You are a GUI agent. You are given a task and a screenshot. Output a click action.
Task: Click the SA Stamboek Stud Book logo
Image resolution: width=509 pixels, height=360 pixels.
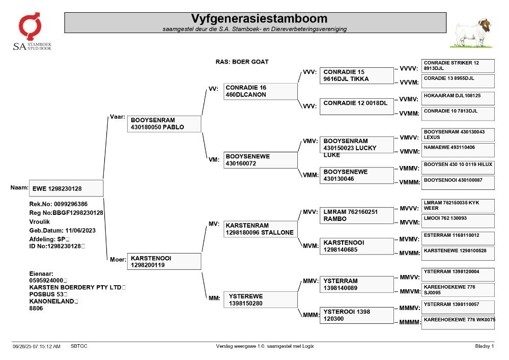click(x=32, y=32)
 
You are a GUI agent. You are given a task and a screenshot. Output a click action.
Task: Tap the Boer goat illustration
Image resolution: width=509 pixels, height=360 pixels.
click(x=472, y=33)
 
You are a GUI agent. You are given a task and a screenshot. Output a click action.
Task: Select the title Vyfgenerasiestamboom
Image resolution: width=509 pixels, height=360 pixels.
click(x=259, y=18)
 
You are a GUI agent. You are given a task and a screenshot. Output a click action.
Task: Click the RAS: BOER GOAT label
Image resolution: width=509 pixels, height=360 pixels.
click(x=242, y=62)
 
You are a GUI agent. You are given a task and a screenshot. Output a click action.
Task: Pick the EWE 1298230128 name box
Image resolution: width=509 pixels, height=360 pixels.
click(x=66, y=188)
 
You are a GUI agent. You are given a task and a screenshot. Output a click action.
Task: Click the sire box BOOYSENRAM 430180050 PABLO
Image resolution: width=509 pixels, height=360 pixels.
click(x=164, y=124)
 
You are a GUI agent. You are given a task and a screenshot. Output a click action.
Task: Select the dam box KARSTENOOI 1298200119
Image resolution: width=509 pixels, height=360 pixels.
click(x=164, y=261)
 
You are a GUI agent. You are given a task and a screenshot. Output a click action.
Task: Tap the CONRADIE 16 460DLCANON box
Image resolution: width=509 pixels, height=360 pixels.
click(x=260, y=91)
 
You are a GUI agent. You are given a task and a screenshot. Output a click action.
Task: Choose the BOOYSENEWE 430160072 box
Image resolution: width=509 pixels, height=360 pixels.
click(x=260, y=160)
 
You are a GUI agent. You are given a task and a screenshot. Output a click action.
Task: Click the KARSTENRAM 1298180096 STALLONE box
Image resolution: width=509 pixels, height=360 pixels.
click(x=260, y=229)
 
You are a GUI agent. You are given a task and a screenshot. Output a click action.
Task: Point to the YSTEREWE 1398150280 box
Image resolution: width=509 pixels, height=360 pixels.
click(x=260, y=299)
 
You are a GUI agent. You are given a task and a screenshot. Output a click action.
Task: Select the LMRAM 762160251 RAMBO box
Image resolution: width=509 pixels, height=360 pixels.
click(x=356, y=215)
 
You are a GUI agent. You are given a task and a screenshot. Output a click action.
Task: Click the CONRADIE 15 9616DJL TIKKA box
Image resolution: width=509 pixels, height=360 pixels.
click(x=356, y=75)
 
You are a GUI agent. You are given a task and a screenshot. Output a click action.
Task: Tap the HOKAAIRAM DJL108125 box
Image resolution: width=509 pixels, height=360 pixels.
click(x=458, y=98)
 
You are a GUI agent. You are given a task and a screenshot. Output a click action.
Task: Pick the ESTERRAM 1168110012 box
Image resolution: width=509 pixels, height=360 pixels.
click(x=458, y=238)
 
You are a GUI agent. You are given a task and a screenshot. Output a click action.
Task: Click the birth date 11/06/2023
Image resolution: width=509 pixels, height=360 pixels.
click(x=80, y=231)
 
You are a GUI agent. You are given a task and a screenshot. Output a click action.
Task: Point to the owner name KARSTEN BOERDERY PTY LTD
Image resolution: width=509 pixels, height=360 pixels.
click(x=75, y=287)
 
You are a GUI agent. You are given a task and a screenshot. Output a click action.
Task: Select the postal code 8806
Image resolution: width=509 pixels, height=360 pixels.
click(x=36, y=309)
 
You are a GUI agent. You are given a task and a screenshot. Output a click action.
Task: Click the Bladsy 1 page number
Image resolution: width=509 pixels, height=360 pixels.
click(x=485, y=346)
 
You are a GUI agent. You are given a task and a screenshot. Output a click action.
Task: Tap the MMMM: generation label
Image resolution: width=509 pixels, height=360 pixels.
click(x=410, y=322)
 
